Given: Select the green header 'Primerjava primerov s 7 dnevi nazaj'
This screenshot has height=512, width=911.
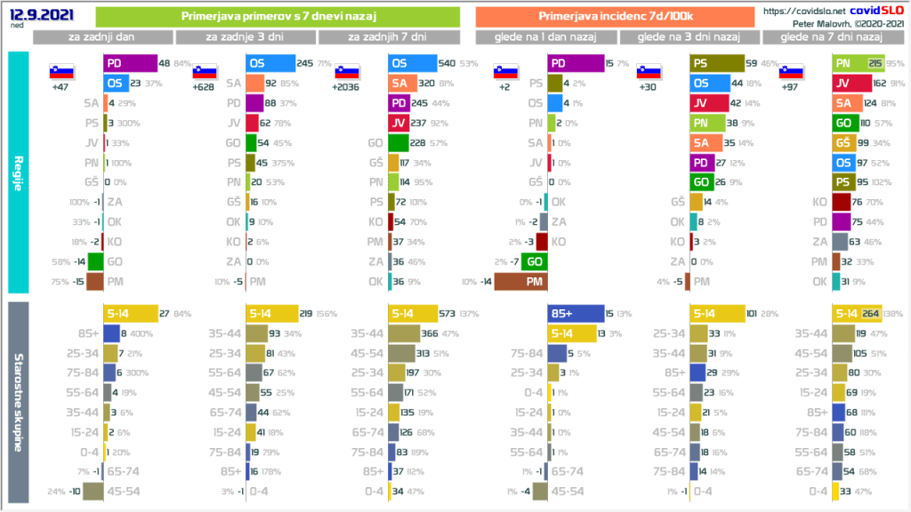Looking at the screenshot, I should point(277,17).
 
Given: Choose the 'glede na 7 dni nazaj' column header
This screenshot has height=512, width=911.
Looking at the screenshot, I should point(830,37).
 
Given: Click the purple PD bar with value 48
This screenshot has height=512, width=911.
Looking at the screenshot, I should point(129,64).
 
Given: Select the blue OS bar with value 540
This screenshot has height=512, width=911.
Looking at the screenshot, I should point(413,64).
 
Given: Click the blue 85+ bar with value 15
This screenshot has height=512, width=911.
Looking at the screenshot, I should point(575,314).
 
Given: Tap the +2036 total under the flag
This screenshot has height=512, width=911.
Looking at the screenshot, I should point(346,87).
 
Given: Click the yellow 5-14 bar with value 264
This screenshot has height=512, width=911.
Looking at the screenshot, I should point(855,314).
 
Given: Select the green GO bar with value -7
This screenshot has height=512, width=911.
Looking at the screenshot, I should point(534,261).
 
